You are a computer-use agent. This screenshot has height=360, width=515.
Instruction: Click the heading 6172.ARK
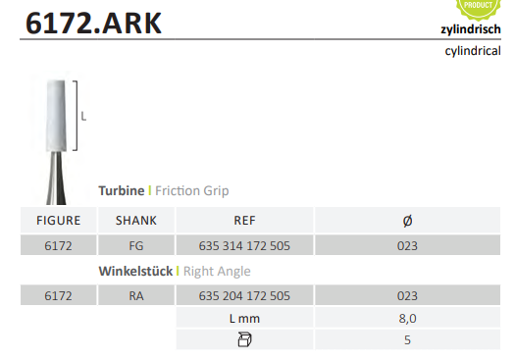[93, 24]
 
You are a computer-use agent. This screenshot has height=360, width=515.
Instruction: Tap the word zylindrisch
[471, 29]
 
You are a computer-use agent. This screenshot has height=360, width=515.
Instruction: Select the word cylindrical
[473, 51]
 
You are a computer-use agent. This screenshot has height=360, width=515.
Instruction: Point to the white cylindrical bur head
[56, 116]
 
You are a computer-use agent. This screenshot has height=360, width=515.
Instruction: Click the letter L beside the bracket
[83, 117]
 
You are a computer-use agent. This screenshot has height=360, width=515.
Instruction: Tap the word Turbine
[122, 191]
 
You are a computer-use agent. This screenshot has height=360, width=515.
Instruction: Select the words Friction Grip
[192, 191]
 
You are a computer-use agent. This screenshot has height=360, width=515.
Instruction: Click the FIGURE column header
[59, 221]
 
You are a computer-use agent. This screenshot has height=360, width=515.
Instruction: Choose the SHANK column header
[136, 221]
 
